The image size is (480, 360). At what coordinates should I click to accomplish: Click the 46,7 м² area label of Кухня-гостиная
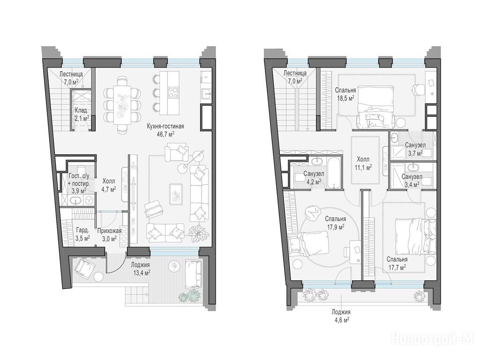click(x=165, y=134)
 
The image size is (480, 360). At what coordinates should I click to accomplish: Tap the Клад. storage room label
click(x=82, y=111)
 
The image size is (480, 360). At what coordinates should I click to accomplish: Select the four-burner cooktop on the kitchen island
click(x=173, y=93)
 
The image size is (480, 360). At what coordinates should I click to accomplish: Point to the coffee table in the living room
click(x=176, y=194)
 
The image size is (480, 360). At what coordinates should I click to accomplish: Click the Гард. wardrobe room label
click(x=82, y=230)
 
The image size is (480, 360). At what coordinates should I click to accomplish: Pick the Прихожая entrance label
click(x=110, y=231)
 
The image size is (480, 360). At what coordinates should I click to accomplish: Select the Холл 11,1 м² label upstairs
click(x=363, y=163)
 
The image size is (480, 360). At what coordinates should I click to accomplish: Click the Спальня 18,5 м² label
click(x=345, y=94)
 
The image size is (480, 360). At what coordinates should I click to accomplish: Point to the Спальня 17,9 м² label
click(x=336, y=223)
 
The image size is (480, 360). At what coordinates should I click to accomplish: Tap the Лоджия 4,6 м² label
click(x=341, y=316)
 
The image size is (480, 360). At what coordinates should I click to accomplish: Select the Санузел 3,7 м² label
click(x=415, y=148)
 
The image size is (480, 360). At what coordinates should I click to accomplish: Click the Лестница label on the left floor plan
click(x=71, y=74)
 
